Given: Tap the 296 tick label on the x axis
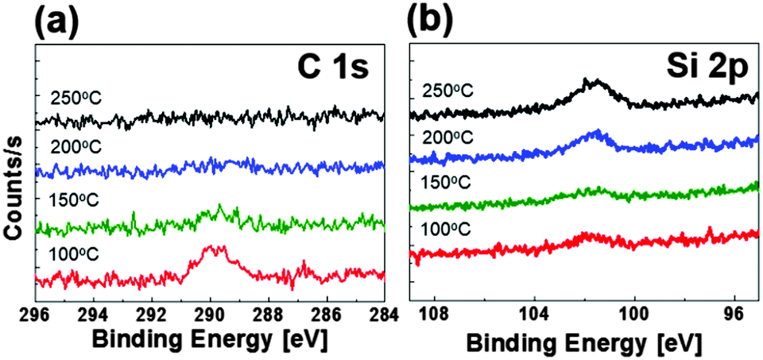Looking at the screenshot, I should coord(37,312).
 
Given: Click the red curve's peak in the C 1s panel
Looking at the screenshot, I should coord(213,249).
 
